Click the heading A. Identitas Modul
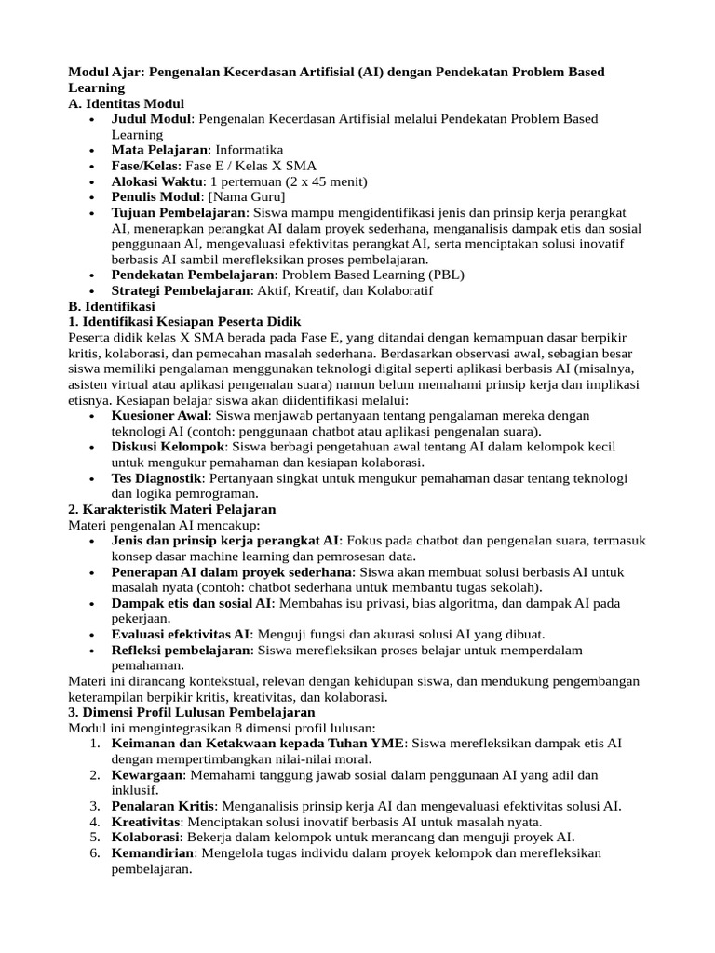[x=127, y=103]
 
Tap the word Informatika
[x=249, y=150]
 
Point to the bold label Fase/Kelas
[x=145, y=166]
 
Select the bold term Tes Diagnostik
[x=155, y=478]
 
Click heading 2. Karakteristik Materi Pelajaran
[x=172, y=509]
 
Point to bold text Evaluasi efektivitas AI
[x=181, y=634]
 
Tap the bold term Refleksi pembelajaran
[x=182, y=650]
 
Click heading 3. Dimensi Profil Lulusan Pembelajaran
[x=192, y=712]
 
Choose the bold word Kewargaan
[x=146, y=774]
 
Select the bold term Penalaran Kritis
[x=163, y=806]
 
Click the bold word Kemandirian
[x=153, y=852]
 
